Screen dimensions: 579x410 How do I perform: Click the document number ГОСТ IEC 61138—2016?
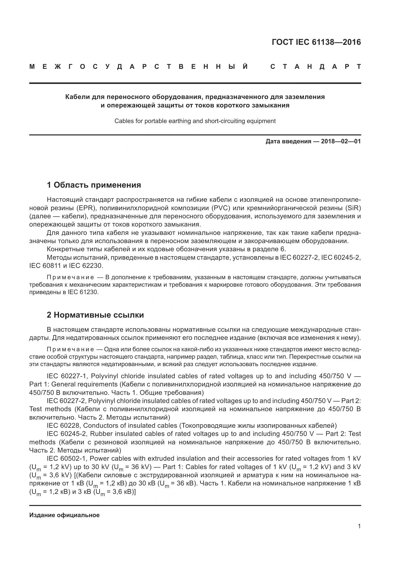(316, 42)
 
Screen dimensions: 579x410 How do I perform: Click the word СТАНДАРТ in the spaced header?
(316, 67)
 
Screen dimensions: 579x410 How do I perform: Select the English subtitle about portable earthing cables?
(195, 121)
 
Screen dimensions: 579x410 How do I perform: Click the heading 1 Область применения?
(94, 185)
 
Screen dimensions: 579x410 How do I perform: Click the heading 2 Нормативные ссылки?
(95, 315)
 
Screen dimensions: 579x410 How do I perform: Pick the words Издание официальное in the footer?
(64, 515)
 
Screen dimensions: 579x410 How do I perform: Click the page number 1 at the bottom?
(359, 526)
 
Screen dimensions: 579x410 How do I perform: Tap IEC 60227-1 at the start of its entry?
(67, 376)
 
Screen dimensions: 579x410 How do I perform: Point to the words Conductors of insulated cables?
(130, 426)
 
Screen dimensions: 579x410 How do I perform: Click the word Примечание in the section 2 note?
(70, 350)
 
